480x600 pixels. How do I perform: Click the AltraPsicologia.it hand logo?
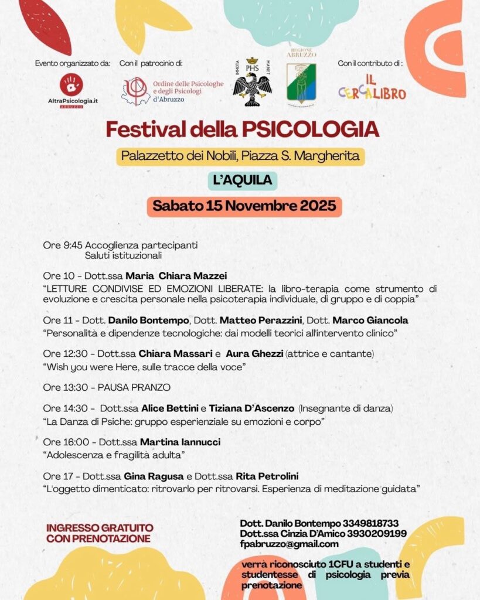pyautogui.click(x=72, y=84)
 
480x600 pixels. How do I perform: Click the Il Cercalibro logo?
pyautogui.click(x=372, y=87)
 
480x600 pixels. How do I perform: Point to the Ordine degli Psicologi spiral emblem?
pyautogui.click(x=135, y=91)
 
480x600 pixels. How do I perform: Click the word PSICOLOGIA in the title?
pyautogui.click(x=311, y=129)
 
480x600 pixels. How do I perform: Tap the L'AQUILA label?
pyautogui.click(x=243, y=180)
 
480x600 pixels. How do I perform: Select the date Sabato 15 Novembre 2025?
pyautogui.click(x=244, y=206)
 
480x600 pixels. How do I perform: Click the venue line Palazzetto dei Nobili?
pyautogui.click(x=240, y=156)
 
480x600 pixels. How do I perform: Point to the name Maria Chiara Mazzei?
pyautogui.click(x=176, y=276)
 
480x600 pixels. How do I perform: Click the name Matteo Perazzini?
pyautogui.click(x=261, y=321)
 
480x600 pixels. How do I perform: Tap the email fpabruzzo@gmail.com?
pyautogui.click(x=290, y=544)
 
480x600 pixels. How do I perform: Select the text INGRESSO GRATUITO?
pyautogui.click(x=100, y=528)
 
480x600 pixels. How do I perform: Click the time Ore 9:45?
pyautogui.click(x=63, y=245)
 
